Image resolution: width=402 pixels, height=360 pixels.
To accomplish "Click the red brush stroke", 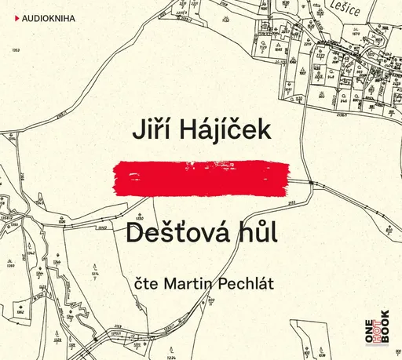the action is pyautogui.click(x=201, y=176).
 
